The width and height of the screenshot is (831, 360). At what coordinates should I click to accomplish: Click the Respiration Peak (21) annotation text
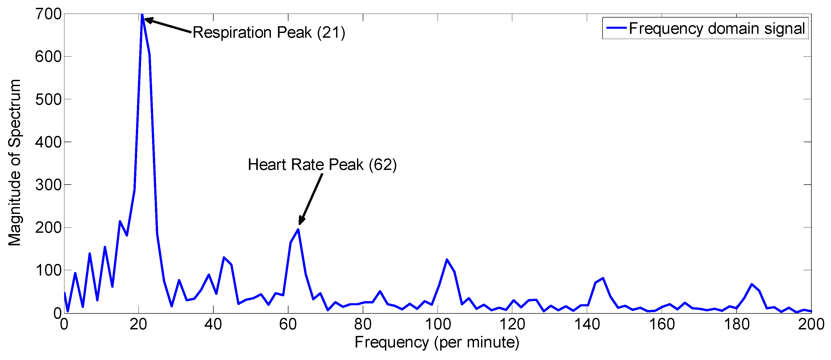[x=269, y=32]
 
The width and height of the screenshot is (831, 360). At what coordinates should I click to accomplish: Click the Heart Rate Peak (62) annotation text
[x=322, y=165]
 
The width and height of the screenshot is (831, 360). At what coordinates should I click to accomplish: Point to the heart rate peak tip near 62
[x=298, y=229]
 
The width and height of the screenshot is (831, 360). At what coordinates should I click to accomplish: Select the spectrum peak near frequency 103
[x=447, y=259]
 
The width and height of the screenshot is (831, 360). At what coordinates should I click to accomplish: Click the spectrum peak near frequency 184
[x=752, y=284]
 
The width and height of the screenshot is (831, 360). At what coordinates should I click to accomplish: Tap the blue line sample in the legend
[x=616, y=28]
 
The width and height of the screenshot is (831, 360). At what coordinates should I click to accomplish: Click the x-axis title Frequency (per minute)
[x=437, y=342]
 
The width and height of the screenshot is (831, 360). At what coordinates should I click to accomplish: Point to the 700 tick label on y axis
[x=48, y=14]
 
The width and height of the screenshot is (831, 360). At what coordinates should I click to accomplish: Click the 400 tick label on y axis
[x=48, y=142]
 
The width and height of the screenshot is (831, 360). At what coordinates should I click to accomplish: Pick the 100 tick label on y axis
[x=48, y=270]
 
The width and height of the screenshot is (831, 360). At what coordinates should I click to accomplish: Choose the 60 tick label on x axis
[x=288, y=324]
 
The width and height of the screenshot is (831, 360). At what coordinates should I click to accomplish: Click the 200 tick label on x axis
[x=811, y=324]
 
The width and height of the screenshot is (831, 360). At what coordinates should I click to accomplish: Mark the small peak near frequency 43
[x=224, y=257]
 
